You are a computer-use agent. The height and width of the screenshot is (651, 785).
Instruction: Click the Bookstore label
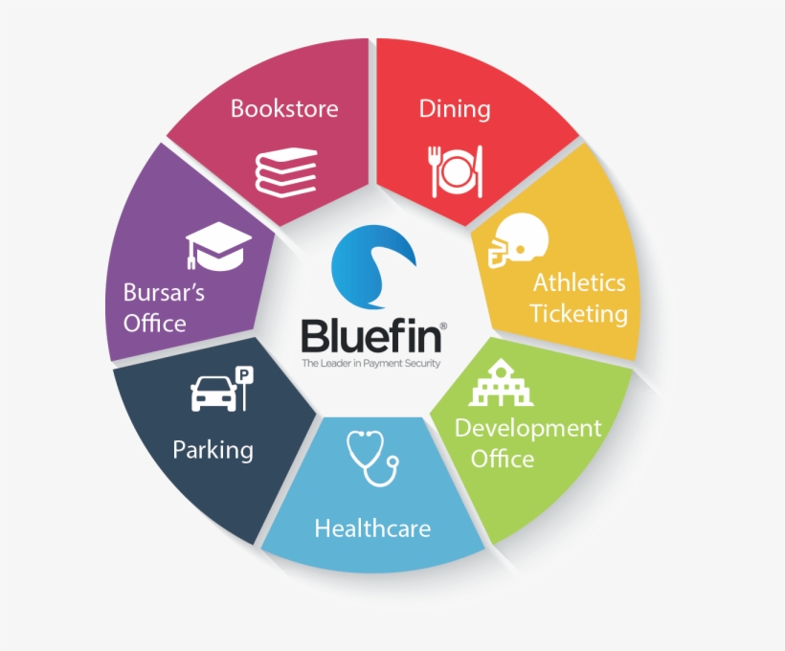pos(284,108)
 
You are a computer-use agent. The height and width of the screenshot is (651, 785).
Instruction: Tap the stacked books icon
pos(285,171)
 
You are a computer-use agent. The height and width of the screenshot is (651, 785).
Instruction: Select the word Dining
pos(455,108)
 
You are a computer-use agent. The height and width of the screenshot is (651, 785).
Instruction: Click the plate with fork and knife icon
pos(455,171)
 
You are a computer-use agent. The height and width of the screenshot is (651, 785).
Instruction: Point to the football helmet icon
pos(516,238)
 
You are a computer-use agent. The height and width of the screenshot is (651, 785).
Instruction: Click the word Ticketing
pos(578,313)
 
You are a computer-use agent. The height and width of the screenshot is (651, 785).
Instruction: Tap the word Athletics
pos(579,282)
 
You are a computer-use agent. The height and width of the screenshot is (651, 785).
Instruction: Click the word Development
pos(527,428)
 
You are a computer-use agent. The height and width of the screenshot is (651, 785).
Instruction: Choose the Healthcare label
pos(372,528)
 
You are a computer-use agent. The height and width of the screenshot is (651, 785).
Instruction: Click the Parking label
pos(213,449)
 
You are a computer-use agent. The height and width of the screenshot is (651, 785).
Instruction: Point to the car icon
pos(213,392)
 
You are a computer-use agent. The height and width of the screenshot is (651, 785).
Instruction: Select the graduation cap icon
pos(216,244)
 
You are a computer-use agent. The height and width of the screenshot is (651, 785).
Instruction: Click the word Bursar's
pos(164,291)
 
